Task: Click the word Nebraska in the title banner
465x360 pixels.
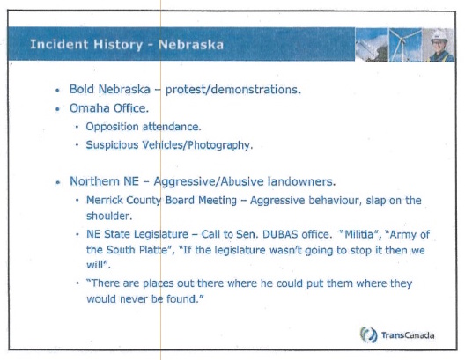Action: pos(191,45)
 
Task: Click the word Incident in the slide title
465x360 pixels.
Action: pos(59,44)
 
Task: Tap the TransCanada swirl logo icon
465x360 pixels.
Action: pos(369,334)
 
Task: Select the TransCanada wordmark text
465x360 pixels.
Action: pos(408,335)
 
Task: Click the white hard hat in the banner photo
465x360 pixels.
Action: pos(439,36)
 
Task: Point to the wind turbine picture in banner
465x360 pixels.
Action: pos(405,45)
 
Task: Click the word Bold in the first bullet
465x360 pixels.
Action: pos(82,89)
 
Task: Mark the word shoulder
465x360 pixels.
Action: pos(109,216)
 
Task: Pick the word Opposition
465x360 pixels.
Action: pos(112,127)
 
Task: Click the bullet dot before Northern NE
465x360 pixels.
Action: pos(58,182)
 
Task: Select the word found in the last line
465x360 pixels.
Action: pos(185,299)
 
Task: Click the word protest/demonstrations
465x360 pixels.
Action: pos(233,90)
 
